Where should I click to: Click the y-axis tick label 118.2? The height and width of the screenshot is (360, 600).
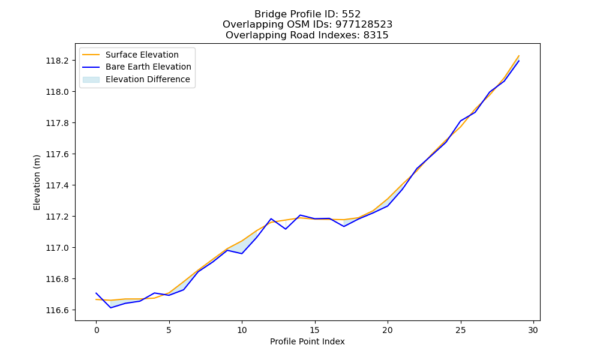tap(58, 61)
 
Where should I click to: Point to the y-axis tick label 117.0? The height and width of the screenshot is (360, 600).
tap(58, 248)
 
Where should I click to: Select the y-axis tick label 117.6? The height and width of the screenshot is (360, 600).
tap(58, 154)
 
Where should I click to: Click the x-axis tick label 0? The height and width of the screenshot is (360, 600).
tap(96, 330)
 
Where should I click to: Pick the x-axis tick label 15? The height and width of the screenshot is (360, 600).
tap(314, 330)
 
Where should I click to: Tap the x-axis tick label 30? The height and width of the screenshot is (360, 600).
tap(533, 330)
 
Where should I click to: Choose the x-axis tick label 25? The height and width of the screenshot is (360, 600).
tap(460, 330)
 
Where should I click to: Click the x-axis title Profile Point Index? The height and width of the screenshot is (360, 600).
tap(307, 341)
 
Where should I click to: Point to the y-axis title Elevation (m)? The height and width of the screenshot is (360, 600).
tap(37, 182)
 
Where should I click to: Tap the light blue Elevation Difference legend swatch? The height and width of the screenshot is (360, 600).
tap(91, 80)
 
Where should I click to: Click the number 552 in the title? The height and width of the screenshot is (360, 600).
tap(351, 14)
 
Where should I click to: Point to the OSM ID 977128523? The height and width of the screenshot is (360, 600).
tap(364, 25)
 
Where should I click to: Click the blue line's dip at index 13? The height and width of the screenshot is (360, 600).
tap(286, 229)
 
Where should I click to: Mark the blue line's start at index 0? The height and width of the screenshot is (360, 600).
tap(96, 293)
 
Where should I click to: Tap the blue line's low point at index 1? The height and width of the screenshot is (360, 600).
tap(110, 308)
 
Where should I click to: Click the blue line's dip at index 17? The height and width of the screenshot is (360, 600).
tap(344, 226)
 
